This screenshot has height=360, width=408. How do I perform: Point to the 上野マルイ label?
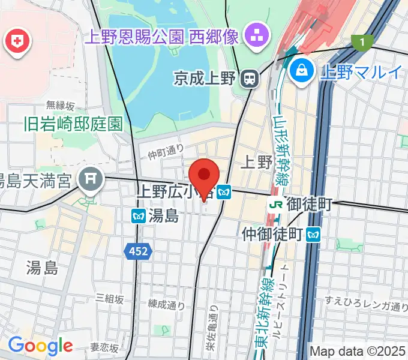pos(361,73)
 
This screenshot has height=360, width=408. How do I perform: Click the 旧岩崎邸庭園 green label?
pos(73,124)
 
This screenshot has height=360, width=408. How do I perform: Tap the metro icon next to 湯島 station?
pos(138,215)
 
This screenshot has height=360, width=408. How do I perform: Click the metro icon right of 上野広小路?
pos(224,192)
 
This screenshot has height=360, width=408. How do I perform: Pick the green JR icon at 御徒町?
pos(276,205)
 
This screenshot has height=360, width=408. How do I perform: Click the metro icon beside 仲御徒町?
pos(313,234)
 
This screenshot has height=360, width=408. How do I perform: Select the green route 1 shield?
pos(361,42)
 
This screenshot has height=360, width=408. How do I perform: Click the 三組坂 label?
pos(109,299)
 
